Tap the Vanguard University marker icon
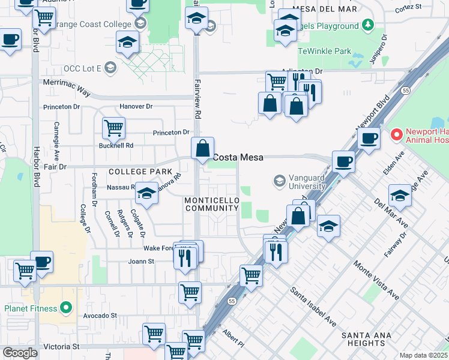click(x=279, y=180)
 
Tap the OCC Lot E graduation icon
click(x=110, y=68)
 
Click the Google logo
click(x=20, y=353)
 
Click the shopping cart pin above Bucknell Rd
click(x=113, y=127)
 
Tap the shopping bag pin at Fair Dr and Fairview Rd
click(x=203, y=147)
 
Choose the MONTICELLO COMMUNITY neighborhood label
click(x=212, y=204)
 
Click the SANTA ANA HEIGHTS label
click(x=363, y=339)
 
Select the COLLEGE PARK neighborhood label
click(x=140, y=172)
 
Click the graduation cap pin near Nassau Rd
click(x=146, y=193)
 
